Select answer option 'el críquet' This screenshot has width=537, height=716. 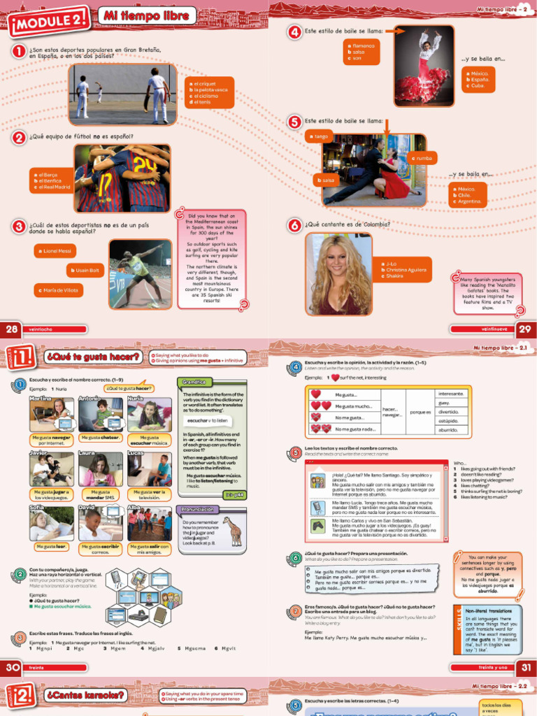202,83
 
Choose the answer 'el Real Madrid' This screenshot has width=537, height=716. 52,187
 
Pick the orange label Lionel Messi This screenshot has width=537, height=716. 55,251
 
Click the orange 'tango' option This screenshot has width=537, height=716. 320,136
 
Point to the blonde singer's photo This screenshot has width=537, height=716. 339,274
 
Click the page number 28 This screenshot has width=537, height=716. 12,329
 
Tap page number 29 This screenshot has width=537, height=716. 525,329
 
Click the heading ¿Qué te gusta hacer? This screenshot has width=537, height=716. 93,357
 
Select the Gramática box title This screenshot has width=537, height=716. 194,383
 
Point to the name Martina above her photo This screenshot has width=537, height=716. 41,398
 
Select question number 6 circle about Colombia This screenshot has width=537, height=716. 295,225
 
